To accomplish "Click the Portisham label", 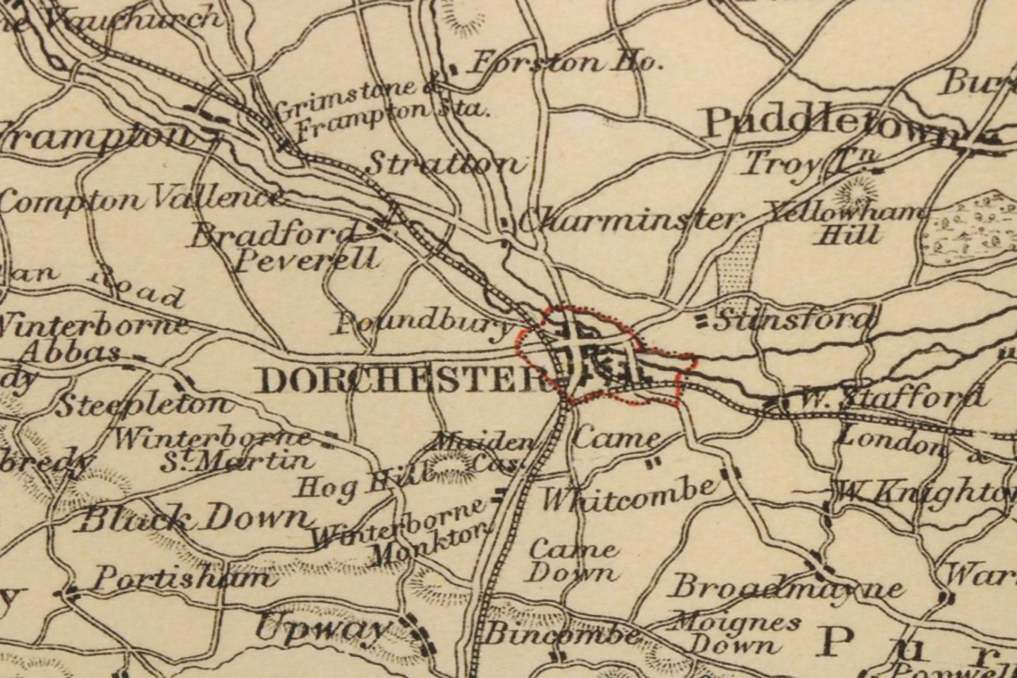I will [181, 578].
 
